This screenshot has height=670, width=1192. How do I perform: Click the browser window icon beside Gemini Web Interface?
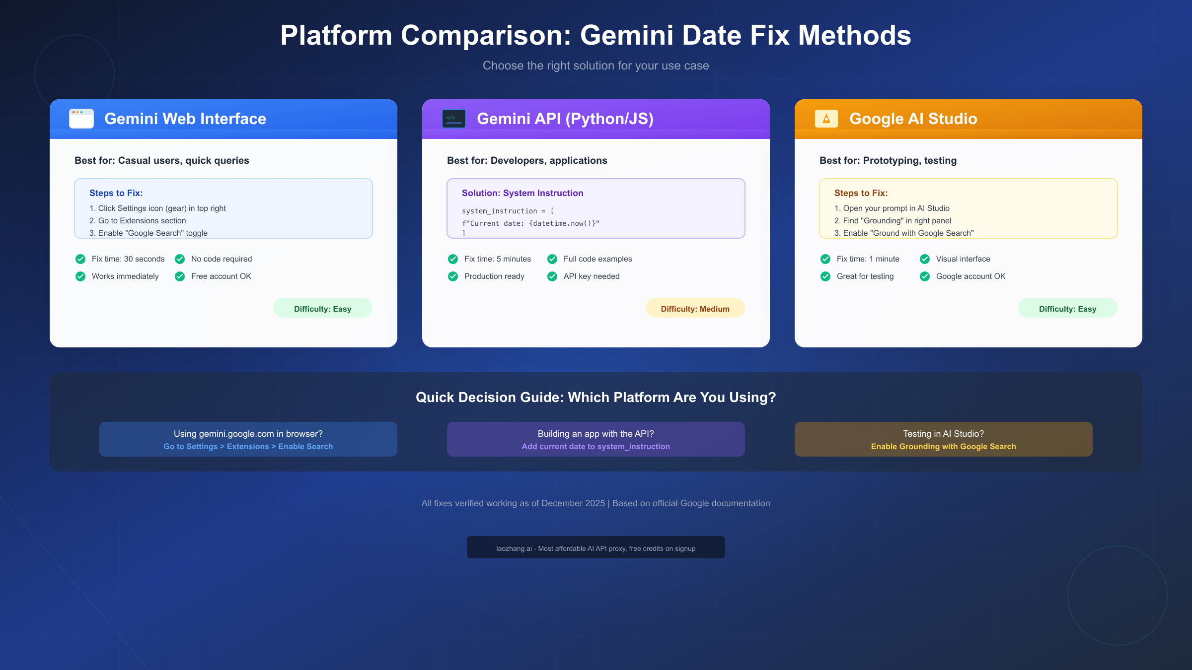tap(81, 119)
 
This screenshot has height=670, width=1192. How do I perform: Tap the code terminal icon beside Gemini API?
tap(454, 119)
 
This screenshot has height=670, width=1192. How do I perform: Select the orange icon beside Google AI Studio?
tap(826, 119)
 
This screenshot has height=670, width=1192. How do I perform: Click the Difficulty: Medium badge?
tap(695, 308)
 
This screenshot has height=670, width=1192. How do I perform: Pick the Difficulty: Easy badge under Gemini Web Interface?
tap(322, 308)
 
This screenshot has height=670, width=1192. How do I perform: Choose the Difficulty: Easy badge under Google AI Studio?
tap(1067, 308)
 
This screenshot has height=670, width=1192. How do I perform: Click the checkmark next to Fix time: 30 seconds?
tap(80, 259)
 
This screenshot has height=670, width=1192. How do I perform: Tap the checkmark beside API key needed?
tap(552, 276)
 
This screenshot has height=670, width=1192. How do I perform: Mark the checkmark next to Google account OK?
tap(925, 276)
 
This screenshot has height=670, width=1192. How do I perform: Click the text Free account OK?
tap(221, 276)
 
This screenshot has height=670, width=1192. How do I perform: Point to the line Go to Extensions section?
tap(138, 221)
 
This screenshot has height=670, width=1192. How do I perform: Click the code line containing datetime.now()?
tap(531, 223)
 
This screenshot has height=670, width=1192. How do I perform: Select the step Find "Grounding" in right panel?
tap(893, 221)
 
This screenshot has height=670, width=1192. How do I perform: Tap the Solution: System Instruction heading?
tap(522, 193)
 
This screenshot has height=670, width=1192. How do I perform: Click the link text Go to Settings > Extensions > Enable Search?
tap(248, 447)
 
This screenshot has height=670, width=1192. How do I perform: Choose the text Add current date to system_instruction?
tap(596, 447)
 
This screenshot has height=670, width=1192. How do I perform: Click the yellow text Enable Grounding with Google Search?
tap(943, 447)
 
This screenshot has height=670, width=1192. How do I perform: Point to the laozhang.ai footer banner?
tap(596, 547)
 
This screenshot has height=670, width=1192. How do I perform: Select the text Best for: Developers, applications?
tap(527, 160)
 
